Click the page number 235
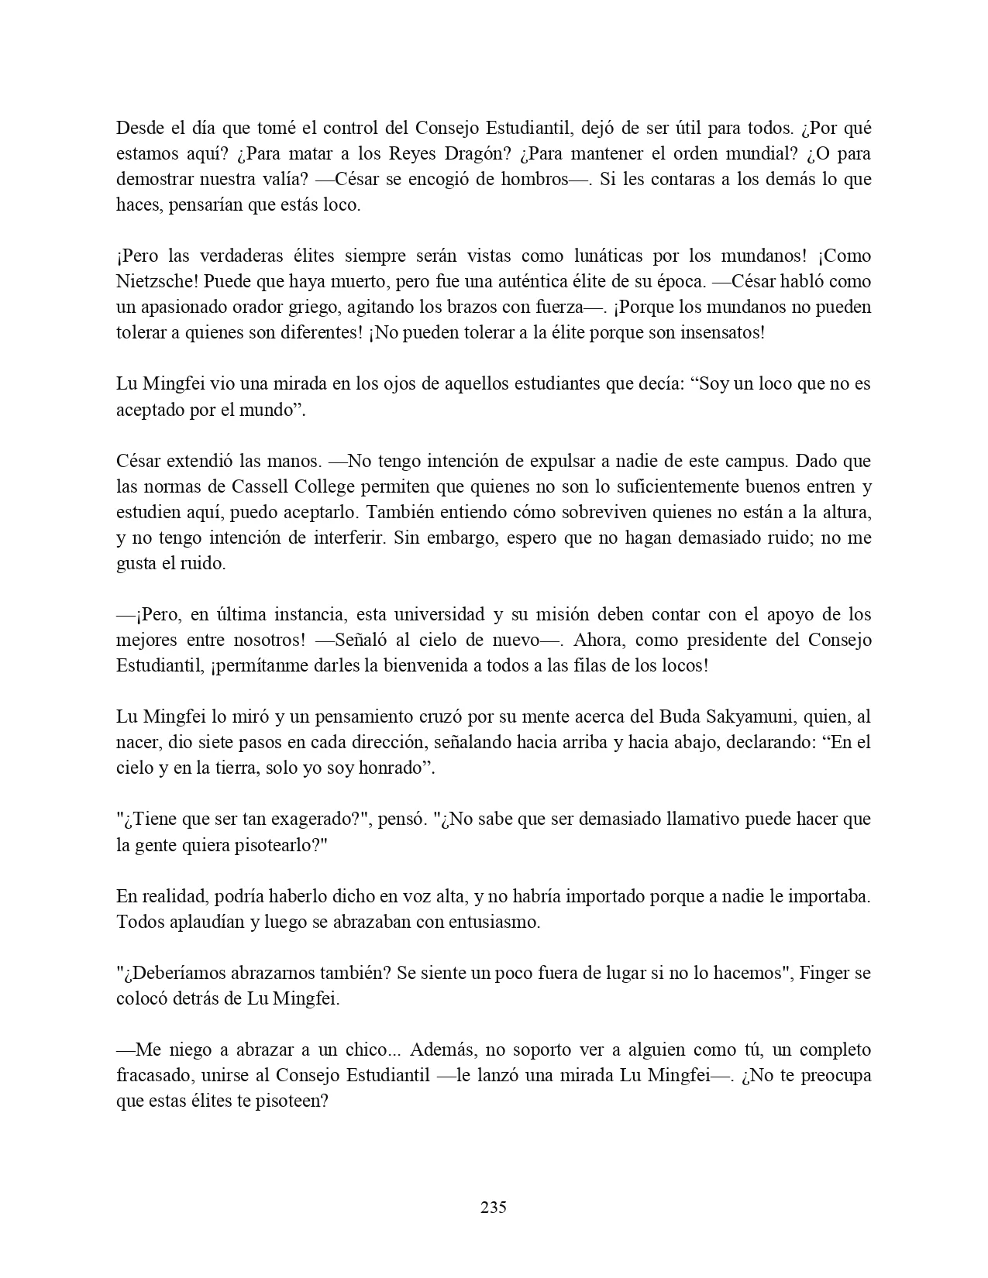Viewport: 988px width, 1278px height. (x=494, y=1207)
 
